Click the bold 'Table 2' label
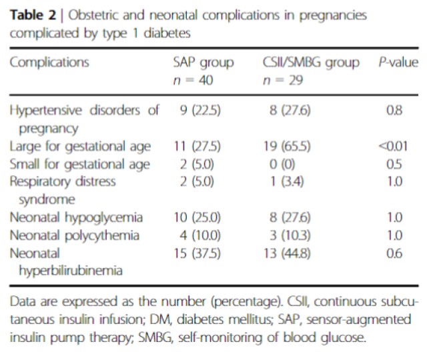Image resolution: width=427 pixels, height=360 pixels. (x=31, y=15)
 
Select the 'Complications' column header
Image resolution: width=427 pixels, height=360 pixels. (x=49, y=63)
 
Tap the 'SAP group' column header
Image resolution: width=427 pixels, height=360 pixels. (x=203, y=63)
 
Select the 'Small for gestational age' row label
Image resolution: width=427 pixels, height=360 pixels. (x=80, y=164)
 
